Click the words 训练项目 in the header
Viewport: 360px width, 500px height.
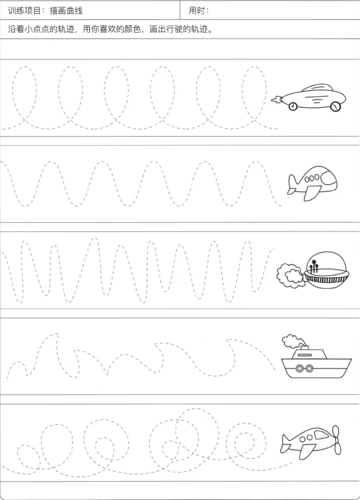click(24, 11)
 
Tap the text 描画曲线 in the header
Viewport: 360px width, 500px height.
click(66, 11)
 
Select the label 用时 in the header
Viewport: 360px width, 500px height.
click(197, 10)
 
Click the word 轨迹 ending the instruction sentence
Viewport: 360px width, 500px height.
click(199, 29)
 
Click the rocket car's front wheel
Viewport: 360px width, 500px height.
click(335, 107)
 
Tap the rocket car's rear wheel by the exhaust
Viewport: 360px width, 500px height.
click(293, 106)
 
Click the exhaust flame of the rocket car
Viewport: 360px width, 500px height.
click(276, 100)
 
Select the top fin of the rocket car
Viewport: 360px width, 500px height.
click(318, 88)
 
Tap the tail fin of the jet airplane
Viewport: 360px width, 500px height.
click(292, 182)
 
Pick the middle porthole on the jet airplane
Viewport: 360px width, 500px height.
click(312, 178)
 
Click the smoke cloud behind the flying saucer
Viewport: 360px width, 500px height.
click(290, 276)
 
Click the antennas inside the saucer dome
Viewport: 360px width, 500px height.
click(313, 266)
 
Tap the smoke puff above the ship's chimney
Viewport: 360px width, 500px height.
click(291, 341)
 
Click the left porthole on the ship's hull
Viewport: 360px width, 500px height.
click(300, 369)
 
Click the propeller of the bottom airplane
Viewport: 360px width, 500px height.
click(336, 440)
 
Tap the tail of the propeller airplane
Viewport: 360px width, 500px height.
click(286, 442)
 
